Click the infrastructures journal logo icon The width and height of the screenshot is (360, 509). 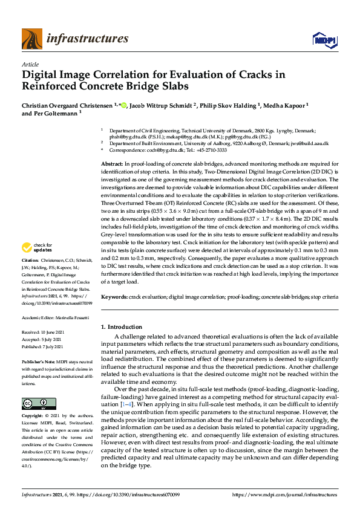32,39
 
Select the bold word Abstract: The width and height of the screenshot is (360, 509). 113,164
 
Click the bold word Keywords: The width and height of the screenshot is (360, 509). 114,297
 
